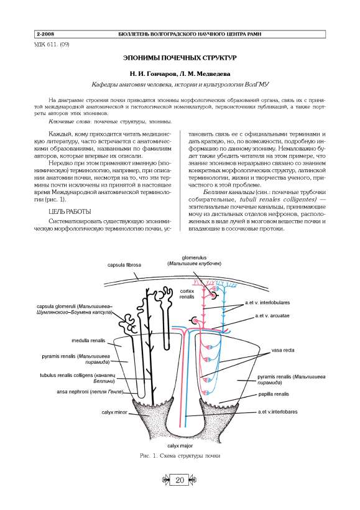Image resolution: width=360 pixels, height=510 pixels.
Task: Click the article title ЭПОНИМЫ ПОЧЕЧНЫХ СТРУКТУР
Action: click(x=180, y=58)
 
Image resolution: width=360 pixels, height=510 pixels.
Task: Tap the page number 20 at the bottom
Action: click(x=180, y=480)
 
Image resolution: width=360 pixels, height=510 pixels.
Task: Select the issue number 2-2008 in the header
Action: click(x=45, y=34)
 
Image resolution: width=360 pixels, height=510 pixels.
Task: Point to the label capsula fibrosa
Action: click(x=124, y=265)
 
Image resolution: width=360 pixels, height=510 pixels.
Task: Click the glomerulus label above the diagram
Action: click(x=194, y=257)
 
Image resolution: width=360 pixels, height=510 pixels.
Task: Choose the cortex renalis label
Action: click(x=187, y=294)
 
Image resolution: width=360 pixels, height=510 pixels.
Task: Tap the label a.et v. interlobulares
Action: click(x=267, y=302)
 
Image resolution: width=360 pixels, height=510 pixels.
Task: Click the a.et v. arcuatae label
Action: click(x=272, y=315)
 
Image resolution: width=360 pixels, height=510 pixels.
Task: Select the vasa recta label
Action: click(x=283, y=350)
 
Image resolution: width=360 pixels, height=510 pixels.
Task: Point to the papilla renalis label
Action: click(x=274, y=394)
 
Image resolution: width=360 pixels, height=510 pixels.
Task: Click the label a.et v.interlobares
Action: click(x=277, y=412)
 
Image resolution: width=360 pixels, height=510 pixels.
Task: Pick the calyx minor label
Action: click(x=114, y=412)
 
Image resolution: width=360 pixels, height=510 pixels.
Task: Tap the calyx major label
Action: click(x=180, y=446)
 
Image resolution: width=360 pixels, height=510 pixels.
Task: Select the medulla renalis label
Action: click(x=88, y=341)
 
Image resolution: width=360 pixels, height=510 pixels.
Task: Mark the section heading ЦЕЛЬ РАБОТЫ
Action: click(x=70, y=211)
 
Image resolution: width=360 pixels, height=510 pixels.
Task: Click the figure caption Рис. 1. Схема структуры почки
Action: click(x=180, y=456)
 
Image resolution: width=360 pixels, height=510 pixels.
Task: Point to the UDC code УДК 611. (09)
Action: click(x=52, y=44)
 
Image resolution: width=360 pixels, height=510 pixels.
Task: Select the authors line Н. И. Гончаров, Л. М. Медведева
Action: click(x=180, y=74)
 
